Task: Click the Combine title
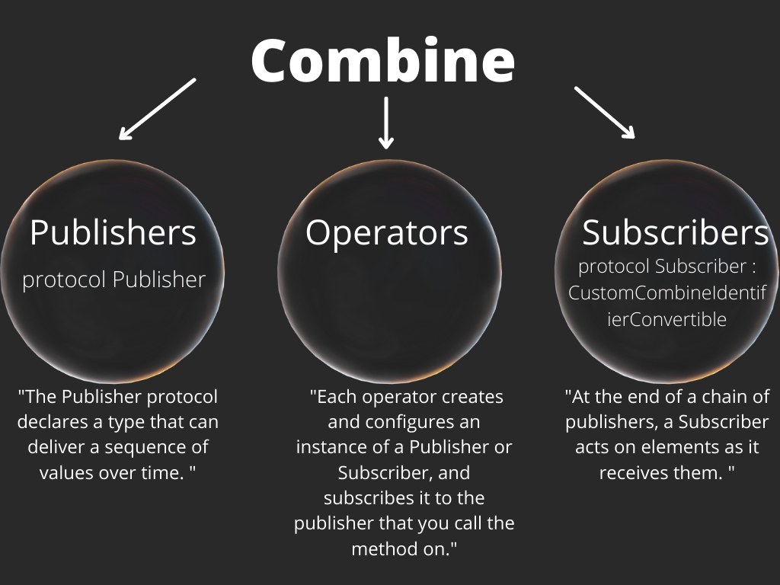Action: click(x=383, y=60)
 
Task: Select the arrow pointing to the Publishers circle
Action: click(x=158, y=109)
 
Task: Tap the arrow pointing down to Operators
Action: click(x=386, y=122)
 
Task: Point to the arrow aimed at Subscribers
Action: click(x=604, y=112)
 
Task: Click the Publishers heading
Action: click(x=113, y=232)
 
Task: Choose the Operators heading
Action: click(x=386, y=232)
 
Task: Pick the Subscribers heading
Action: click(x=676, y=232)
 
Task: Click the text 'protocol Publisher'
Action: click(x=114, y=280)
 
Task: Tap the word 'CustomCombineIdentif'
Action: click(x=667, y=293)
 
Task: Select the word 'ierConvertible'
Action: click(x=667, y=319)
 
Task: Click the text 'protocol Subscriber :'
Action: click(x=667, y=267)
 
